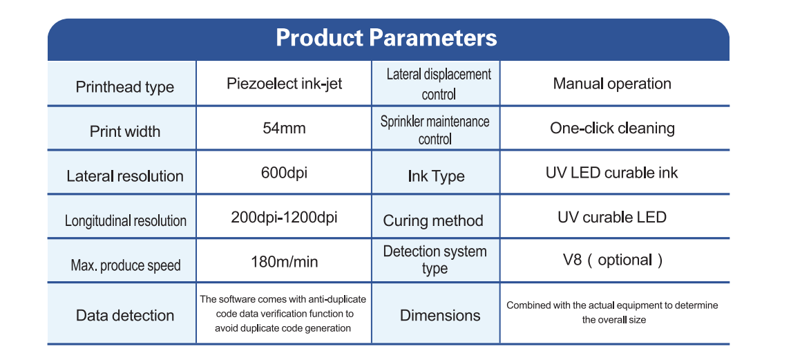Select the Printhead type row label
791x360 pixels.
pyautogui.click(x=124, y=87)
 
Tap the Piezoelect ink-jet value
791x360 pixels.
pyautogui.click(x=285, y=84)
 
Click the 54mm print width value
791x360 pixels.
pyautogui.click(x=284, y=128)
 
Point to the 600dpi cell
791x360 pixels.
pyautogui.click(x=284, y=173)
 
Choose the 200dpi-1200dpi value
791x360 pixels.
pyautogui.click(x=284, y=217)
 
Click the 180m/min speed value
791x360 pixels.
pyautogui.click(x=285, y=262)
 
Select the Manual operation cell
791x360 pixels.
pyautogui.click(x=612, y=84)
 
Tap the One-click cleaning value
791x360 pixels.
pyautogui.click(x=612, y=128)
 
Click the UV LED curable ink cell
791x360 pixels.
pyautogui.click(x=612, y=173)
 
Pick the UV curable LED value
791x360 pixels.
pyautogui.click(x=612, y=217)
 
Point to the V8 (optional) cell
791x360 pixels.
pyautogui.click(x=613, y=260)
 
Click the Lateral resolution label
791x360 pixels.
pyautogui.click(x=124, y=176)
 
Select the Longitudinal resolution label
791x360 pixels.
pyautogui.click(x=126, y=220)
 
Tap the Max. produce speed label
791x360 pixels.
pyautogui.click(x=126, y=265)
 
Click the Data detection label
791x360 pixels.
pyautogui.click(x=124, y=316)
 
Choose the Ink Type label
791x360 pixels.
pyautogui.click(x=436, y=177)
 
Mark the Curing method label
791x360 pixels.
pyautogui.click(x=433, y=220)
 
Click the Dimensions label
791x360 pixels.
pyautogui.click(x=440, y=316)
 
